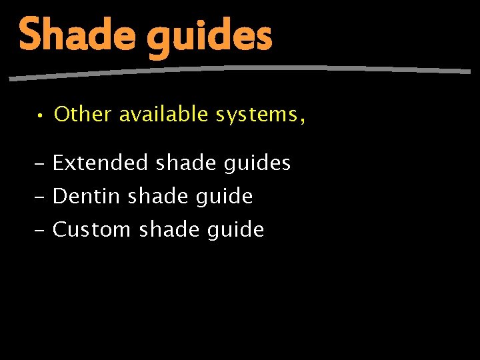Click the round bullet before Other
point(41,116)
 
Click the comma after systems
point(303,121)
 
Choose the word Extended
point(101,163)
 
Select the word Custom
point(91,230)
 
